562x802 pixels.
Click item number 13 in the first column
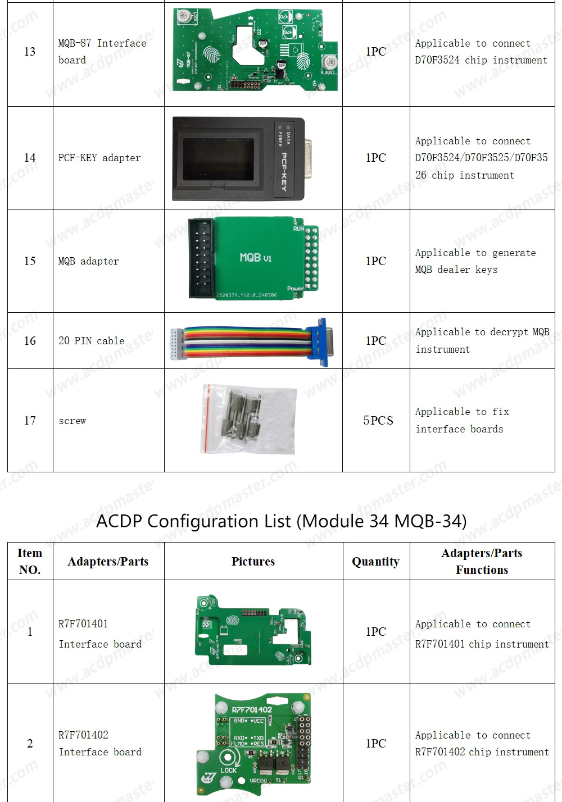click(30, 52)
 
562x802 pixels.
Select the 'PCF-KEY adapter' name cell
click(99, 158)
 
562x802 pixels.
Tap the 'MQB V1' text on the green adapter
click(255, 257)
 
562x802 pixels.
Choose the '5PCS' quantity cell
click(378, 420)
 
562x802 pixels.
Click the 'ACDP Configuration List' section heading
click(281, 521)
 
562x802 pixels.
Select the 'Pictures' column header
click(253, 561)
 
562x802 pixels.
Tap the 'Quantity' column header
click(375, 561)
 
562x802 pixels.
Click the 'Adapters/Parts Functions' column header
click(482, 561)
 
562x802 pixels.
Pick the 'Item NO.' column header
click(30, 561)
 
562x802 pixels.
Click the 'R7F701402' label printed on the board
click(251, 709)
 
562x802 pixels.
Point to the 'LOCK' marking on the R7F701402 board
click(228, 770)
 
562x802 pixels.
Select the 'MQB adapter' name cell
click(89, 261)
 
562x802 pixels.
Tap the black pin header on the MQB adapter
click(200, 257)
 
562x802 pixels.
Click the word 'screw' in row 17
click(72, 421)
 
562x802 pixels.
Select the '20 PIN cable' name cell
click(92, 341)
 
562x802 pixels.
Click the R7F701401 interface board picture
click(253, 631)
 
